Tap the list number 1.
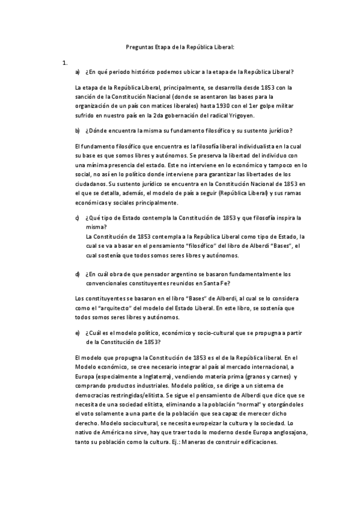(64, 62)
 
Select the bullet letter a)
(78, 72)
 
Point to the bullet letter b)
(78, 131)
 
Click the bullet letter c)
(78, 218)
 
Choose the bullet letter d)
(78, 274)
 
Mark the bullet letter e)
(78, 332)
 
